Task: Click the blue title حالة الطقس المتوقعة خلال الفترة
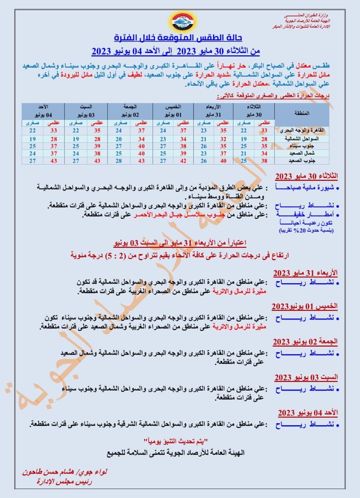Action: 178,38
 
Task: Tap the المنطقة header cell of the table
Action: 302,113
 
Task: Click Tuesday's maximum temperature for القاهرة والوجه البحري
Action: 265,131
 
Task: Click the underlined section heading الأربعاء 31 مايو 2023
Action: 305,272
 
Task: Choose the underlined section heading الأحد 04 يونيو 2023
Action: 307,412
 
